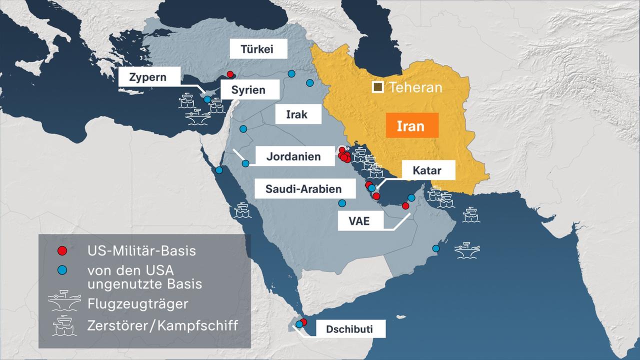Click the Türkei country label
point(258,50)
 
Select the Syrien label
point(248,90)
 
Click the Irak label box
point(296,114)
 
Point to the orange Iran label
point(411,125)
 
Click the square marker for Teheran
point(377,87)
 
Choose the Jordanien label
point(293,156)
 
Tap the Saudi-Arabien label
point(303,189)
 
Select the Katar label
point(426,170)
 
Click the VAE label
point(359,220)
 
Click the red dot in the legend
point(61,250)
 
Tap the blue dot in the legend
point(61,270)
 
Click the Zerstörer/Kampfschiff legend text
point(162,325)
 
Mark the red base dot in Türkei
point(230,74)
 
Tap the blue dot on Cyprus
point(207,99)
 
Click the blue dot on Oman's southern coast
point(435,248)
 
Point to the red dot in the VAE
point(405,205)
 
